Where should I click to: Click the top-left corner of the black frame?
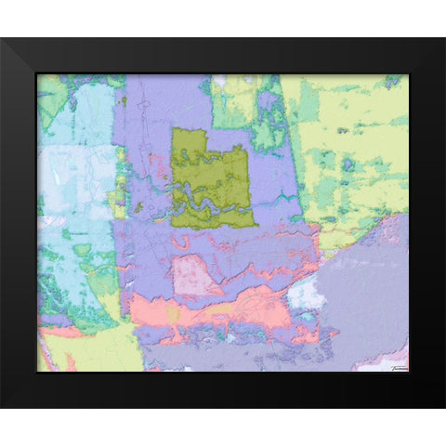3,40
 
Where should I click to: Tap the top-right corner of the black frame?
443,40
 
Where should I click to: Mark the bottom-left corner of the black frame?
3,406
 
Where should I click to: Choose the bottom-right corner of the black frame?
443,406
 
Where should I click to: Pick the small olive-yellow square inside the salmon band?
173,315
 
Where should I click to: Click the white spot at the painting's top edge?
220,81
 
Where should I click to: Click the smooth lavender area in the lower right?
362,307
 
